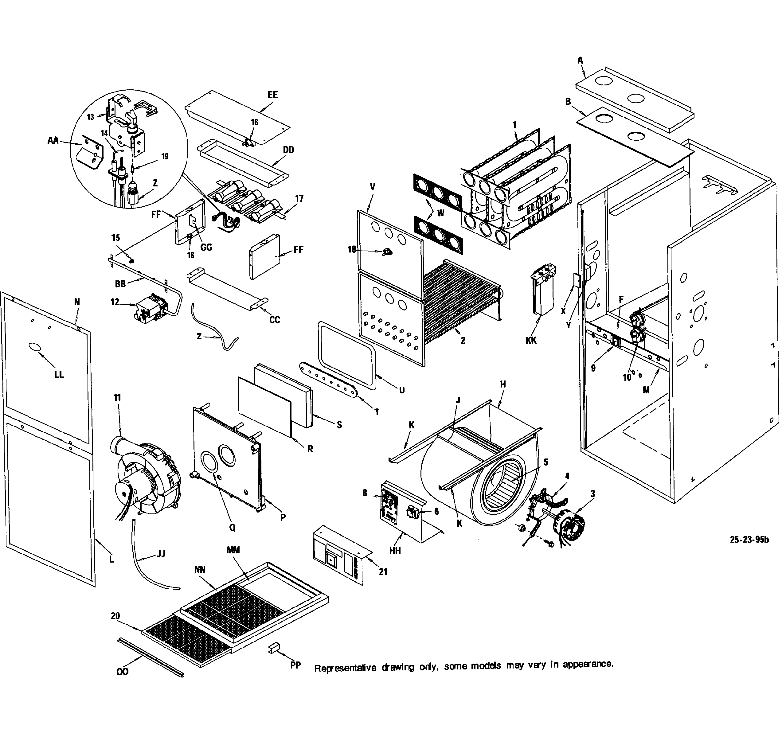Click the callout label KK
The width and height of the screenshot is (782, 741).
click(x=531, y=341)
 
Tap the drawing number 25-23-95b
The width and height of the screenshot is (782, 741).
click(x=749, y=540)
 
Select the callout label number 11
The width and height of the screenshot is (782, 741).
click(x=117, y=398)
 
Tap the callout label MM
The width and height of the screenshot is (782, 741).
click(x=233, y=550)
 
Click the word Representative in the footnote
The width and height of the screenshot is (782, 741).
click(x=345, y=668)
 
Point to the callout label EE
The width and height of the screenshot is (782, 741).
click(x=273, y=95)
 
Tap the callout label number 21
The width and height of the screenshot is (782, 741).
click(x=383, y=571)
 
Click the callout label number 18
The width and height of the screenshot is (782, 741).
click(x=352, y=250)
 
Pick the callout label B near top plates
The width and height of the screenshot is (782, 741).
click(x=568, y=102)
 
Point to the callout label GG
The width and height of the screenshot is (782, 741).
click(x=206, y=247)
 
